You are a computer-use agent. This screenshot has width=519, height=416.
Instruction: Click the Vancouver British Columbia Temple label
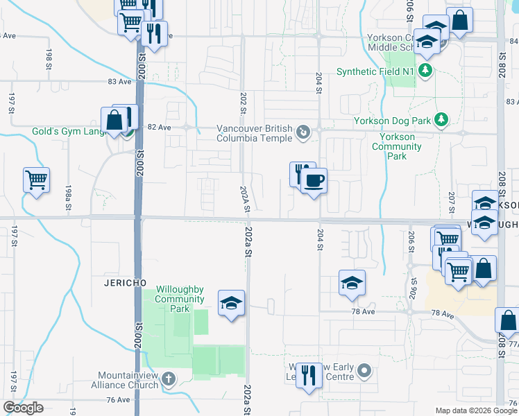254,132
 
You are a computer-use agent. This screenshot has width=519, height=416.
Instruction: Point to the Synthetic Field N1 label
376,71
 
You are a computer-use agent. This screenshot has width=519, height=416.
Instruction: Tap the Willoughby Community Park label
180,295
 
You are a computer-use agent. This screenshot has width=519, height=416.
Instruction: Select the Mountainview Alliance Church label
128,380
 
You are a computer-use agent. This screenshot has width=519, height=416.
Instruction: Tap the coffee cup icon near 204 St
314,182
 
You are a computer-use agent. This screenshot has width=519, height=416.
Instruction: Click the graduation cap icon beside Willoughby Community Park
231,303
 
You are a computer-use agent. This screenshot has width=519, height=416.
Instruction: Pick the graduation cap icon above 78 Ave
352,283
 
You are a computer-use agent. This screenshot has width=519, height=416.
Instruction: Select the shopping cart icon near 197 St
36,180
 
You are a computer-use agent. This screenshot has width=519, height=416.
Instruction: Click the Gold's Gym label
67,131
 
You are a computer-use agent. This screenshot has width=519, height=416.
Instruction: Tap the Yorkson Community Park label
393,146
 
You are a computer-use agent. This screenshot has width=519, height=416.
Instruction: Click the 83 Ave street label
119,81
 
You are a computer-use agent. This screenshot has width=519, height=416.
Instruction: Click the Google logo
23,408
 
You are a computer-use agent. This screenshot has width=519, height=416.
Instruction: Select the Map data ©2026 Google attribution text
475,410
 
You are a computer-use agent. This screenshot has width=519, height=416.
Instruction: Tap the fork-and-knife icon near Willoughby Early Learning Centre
309,376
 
